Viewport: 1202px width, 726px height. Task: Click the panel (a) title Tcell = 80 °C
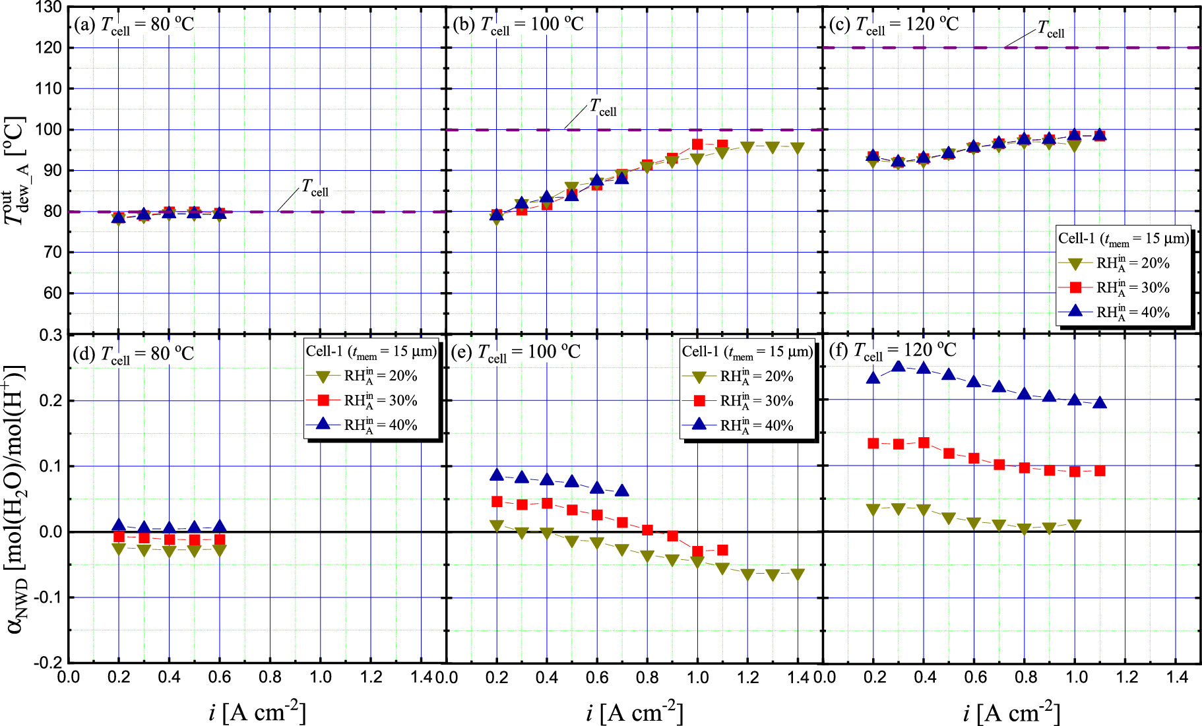coord(134,24)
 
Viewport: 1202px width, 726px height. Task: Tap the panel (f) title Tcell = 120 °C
coord(893,350)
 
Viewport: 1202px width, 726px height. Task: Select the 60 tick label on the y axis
coord(51,293)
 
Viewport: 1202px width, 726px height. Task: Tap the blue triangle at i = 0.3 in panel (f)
coord(898,367)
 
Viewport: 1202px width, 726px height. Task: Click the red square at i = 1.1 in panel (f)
coord(1100,471)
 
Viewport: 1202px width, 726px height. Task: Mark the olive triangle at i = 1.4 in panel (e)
coord(798,574)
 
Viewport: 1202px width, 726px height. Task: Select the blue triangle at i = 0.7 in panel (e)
coord(621,491)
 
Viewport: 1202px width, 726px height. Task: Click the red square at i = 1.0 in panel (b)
coord(697,144)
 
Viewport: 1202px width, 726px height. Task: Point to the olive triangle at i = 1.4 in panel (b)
coord(798,148)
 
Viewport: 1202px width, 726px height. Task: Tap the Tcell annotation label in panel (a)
coord(315,188)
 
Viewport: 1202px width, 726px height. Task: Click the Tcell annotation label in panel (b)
coord(603,107)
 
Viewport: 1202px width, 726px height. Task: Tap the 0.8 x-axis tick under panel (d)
coord(270,677)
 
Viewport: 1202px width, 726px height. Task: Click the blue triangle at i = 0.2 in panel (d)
coord(119,526)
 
